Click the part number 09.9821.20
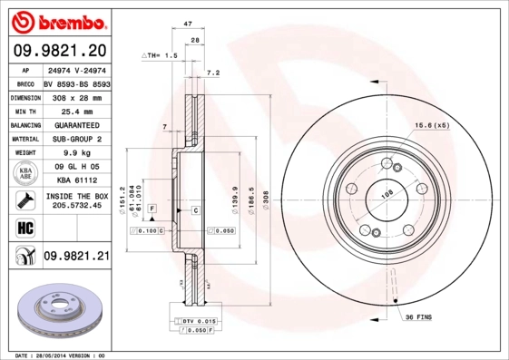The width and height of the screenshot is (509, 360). (x=61, y=50)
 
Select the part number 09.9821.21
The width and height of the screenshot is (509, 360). (x=76, y=258)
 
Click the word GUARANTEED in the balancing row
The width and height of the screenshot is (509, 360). (x=76, y=125)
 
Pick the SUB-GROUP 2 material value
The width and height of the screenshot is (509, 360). (x=76, y=140)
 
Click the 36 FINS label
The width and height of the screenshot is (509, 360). (x=418, y=316)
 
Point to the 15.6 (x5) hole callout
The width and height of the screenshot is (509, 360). (x=432, y=125)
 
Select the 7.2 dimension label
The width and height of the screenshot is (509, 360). (x=214, y=73)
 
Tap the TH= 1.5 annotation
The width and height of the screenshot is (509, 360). (x=161, y=55)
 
